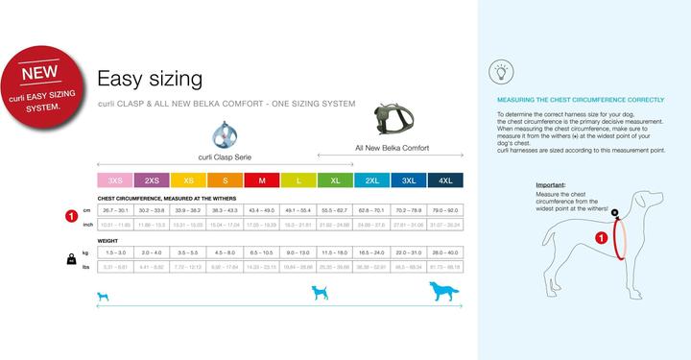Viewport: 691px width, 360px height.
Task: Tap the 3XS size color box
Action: [x=115, y=180]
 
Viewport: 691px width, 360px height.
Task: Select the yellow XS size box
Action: [x=189, y=180]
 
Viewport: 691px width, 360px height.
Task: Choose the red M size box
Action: [x=262, y=180]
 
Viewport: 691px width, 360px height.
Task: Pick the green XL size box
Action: [x=335, y=180]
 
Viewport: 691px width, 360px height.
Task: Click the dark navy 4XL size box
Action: [x=445, y=180]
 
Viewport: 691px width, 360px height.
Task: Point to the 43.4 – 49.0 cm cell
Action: [x=262, y=209]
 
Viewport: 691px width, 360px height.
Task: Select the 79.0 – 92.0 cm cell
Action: [x=445, y=209]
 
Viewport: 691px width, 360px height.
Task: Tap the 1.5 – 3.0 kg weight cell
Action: [x=115, y=252]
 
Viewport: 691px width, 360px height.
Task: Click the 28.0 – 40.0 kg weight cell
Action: [x=445, y=252]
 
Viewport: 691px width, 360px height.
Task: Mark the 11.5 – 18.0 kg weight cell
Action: [x=335, y=252]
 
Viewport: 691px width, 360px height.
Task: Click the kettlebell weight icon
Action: [x=71, y=258]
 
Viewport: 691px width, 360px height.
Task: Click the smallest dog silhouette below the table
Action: [x=104, y=296]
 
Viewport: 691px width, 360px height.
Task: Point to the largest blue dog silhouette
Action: [x=443, y=291]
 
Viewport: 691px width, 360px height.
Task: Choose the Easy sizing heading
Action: [x=149, y=78]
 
